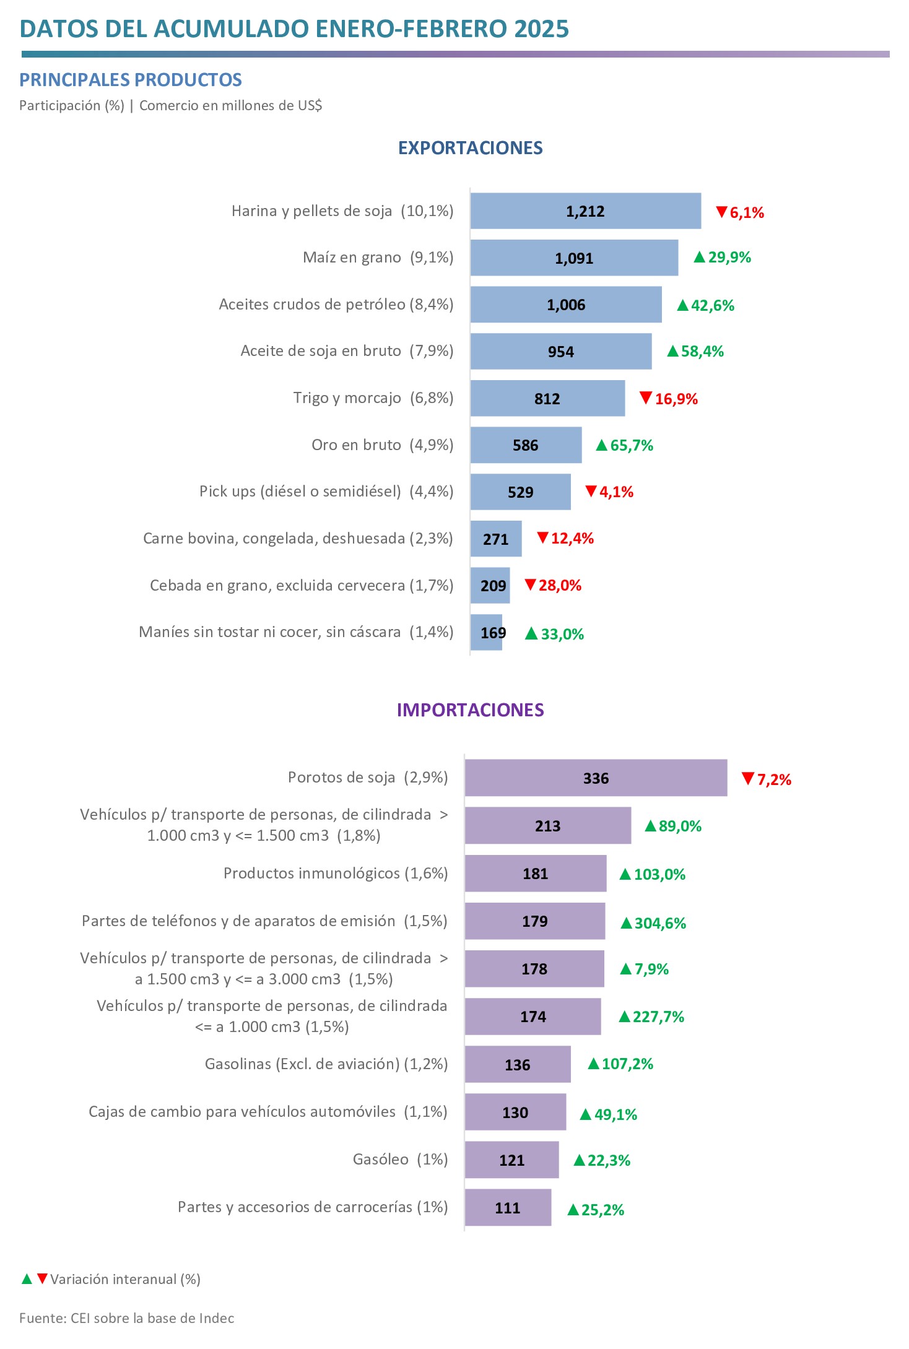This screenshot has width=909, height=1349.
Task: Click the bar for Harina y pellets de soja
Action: coord(586,211)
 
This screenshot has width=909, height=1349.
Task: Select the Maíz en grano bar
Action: coord(574,258)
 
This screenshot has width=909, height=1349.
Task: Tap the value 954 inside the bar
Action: coord(561,352)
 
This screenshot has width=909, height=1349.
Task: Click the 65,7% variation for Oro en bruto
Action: coord(632,446)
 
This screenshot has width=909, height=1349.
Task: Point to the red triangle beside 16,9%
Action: coord(646,397)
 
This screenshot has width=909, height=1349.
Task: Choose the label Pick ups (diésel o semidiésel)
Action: coord(300,492)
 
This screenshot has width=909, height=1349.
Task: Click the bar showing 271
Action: coord(496,539)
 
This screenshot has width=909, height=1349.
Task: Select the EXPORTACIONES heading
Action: coord(471,148)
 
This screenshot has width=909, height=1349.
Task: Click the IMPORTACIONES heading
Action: coord(471,710)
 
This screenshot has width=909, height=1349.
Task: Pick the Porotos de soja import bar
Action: coord(596,778)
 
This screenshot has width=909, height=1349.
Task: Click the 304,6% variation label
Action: coord(660,924)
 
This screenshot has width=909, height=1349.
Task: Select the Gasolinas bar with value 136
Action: coord(518,1064)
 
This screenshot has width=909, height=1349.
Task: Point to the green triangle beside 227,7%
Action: coord(625,1017)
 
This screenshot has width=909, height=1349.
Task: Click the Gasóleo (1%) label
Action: coord(400,1160)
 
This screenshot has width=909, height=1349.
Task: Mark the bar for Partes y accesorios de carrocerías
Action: coord(508,1207)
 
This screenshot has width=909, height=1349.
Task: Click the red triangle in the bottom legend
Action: coord(42,1278)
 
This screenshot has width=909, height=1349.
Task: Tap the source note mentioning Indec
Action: coord(127,1318)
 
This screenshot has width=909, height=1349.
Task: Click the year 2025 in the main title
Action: coord(541,29)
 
